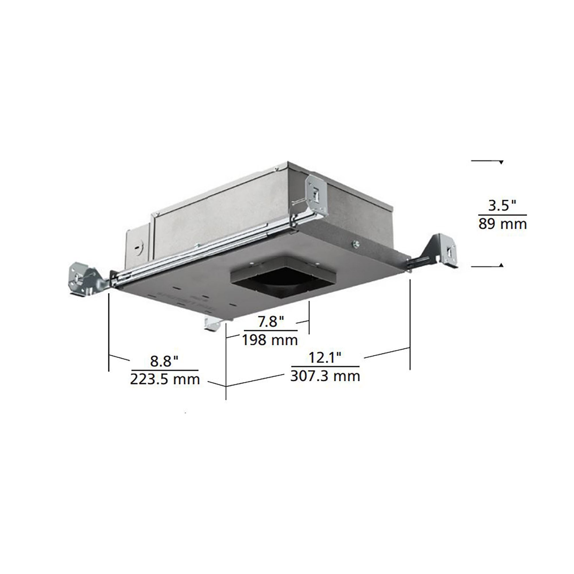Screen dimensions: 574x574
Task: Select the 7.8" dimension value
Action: point(271,321)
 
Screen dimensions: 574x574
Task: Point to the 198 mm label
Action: point(270,340)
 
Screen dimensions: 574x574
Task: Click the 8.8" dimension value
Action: point(164,361)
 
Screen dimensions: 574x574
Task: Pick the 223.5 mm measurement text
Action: point(165,379)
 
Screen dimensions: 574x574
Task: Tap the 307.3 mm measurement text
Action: point(325,376)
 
